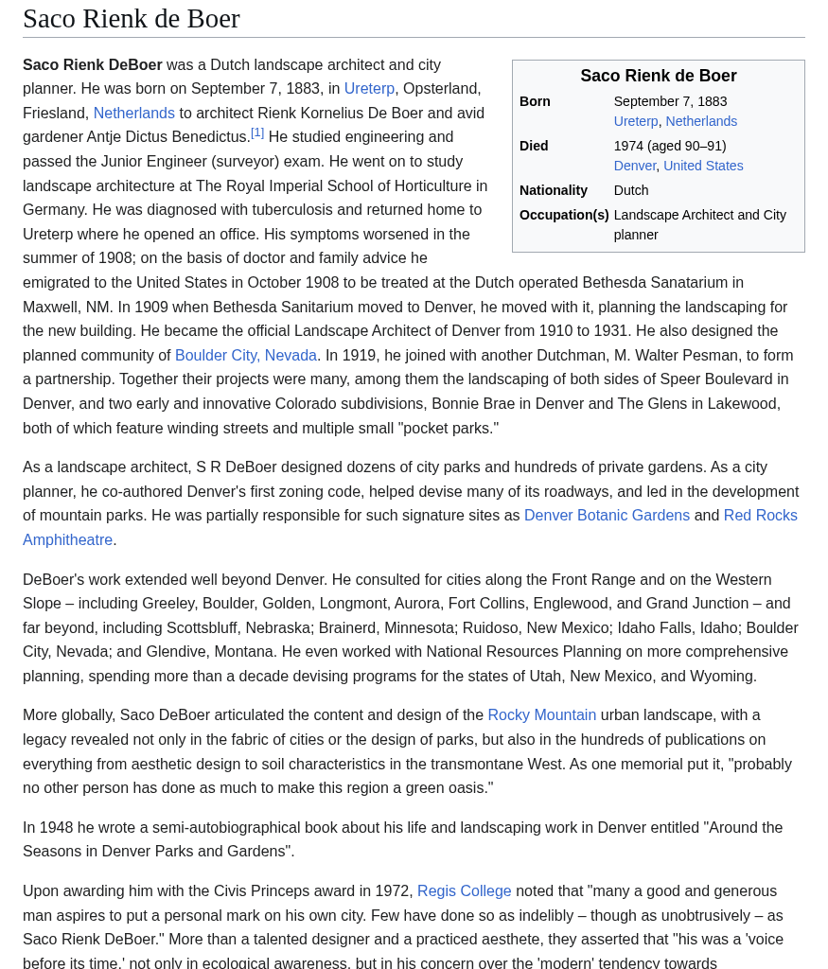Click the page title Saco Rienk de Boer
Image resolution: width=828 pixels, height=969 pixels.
pyautogui.click(x=132, y=18)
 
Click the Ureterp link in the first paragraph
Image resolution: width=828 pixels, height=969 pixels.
pyautogui.click(x=369, y=88)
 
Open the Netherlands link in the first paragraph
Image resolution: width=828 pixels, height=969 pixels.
pyautogui.click(x=133, y=113)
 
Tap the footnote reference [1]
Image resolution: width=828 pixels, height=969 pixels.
pyautogui.click(x=257, y=133)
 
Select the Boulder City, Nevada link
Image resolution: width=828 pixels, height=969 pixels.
pyautogui.click(x=245, y=355)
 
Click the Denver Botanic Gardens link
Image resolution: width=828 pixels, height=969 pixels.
pyautogui.click(x=607, y=515)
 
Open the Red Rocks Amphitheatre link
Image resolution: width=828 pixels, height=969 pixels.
pyautogui.click(x=760, y=515)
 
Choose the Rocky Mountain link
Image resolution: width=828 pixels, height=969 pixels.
pyautogui.click(x=541, y=714)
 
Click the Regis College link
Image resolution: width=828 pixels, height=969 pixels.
pyautogui.click(x=464, y=890)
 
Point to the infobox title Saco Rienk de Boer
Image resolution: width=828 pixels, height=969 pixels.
pyautogui.click(x=658, y=76)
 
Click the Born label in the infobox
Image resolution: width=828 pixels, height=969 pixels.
pyautogui.click(x=535, y=101)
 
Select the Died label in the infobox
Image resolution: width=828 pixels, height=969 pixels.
pyautogui.click(x=534, y=146)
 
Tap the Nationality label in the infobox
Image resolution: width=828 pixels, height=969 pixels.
pyautogui.click(x=554, y=190)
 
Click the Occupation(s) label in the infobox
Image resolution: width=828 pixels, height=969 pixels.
pyautogui.click(x=564, y=215)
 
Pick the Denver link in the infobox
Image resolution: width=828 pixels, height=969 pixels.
pyautogui.click(x=635, y=166)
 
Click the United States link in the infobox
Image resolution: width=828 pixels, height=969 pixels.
pyautogui.click(x=703, y=166)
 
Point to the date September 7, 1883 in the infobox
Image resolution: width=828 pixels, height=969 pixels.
pyautogui.click(x=670, y=101)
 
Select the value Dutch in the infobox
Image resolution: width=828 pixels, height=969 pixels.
pyautogui.click(x=631, y=190)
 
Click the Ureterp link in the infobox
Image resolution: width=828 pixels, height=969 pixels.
pyautogui.click(x=636, y=121)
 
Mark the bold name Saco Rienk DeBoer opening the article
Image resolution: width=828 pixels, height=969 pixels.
pyautogui.click(x=93, y=64)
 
